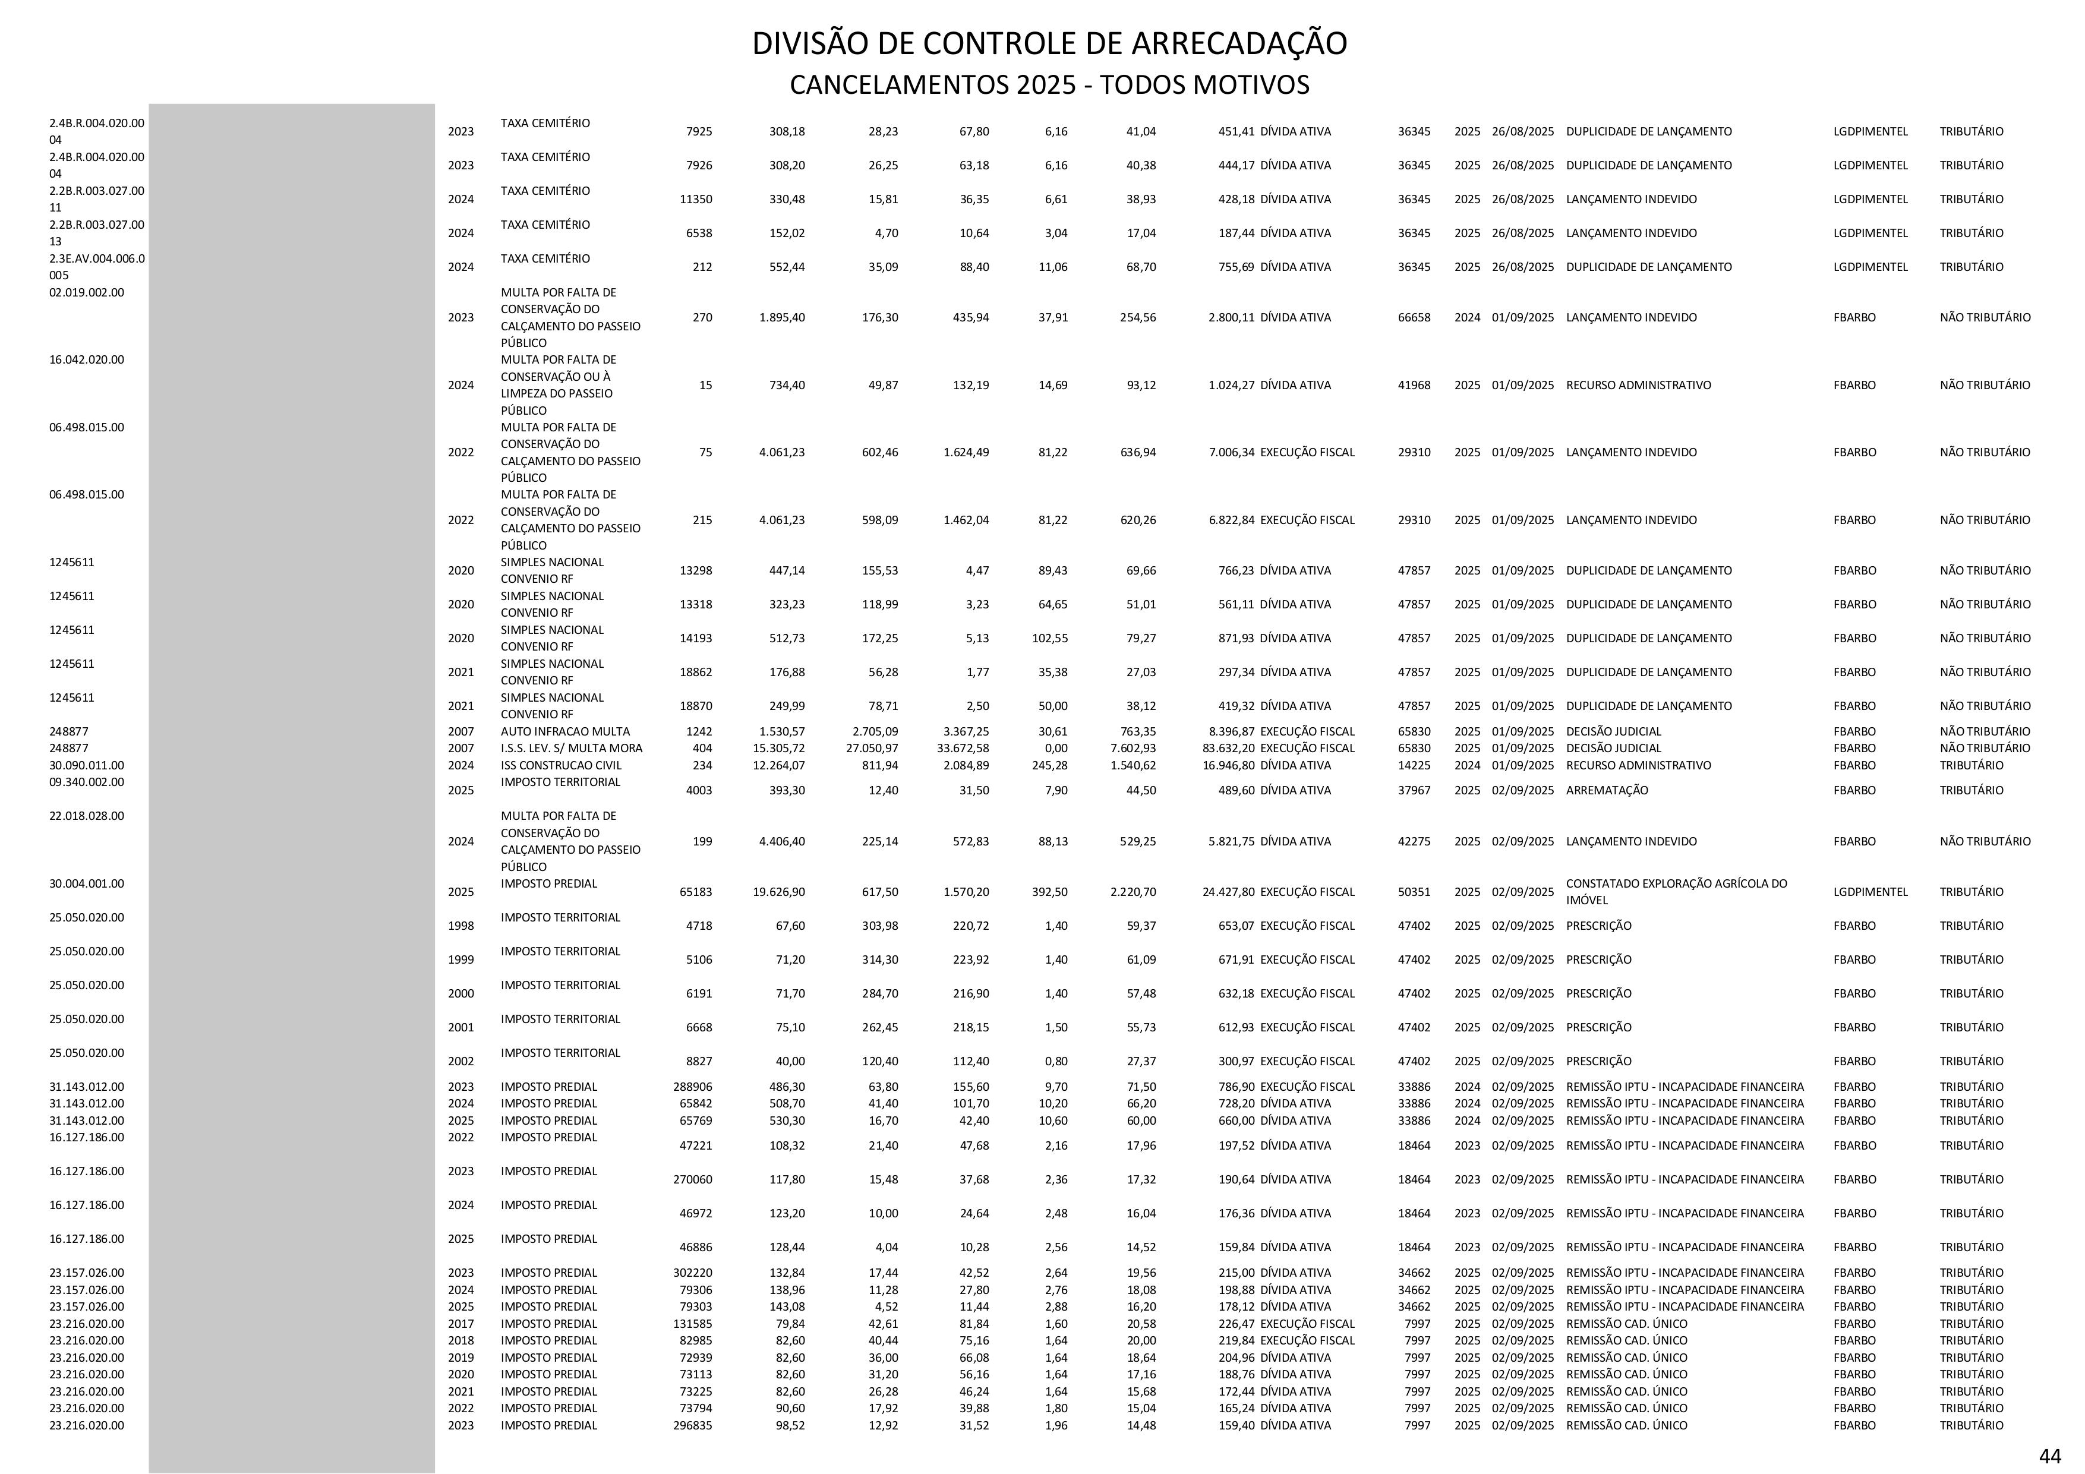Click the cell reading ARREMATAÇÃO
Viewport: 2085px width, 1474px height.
pyautogui.click(x=1607, y=790)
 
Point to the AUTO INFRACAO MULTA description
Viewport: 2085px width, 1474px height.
pyautogui.click(x=565, y=731)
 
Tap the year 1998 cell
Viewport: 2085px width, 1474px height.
pyautogui.click(x=460, y=926)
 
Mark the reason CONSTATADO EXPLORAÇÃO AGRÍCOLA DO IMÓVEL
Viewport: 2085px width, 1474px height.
pyautogui.click(x=1676, y=892)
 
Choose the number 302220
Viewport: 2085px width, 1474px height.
pyautogui.click(x=692, y=1273)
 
